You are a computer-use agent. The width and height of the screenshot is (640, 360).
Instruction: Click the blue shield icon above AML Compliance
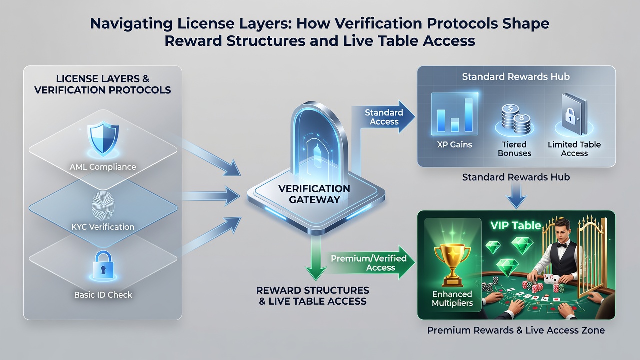click(x=103, y=139)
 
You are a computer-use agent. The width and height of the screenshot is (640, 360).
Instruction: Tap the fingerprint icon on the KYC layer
click(x=103, y=205)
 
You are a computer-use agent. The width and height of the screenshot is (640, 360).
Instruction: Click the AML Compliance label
click(x=103, y=167)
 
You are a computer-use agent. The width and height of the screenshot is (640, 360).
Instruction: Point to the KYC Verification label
click(x=103, y=227)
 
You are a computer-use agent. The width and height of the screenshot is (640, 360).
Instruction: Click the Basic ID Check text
click(x=103, y=295)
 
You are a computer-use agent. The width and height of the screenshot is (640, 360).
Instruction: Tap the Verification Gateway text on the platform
click(x=314, y=194)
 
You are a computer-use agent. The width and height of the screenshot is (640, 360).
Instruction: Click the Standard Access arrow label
click(x=384, y=117)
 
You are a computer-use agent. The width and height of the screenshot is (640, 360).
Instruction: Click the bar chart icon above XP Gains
click(x=455, y=114)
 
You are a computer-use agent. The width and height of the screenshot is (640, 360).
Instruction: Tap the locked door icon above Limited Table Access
click(x=574, y=115)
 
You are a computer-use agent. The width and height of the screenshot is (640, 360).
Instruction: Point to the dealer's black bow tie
click(x=561, y=245)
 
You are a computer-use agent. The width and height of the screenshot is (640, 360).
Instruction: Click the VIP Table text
click(x=515, y=225)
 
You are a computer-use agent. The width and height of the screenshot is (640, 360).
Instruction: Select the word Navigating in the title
click(x=131, y=23)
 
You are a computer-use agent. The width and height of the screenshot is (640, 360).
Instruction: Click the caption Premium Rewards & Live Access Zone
click(x=516, y=330)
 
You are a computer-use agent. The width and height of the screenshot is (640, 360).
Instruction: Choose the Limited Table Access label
click(x=574, y=149)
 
